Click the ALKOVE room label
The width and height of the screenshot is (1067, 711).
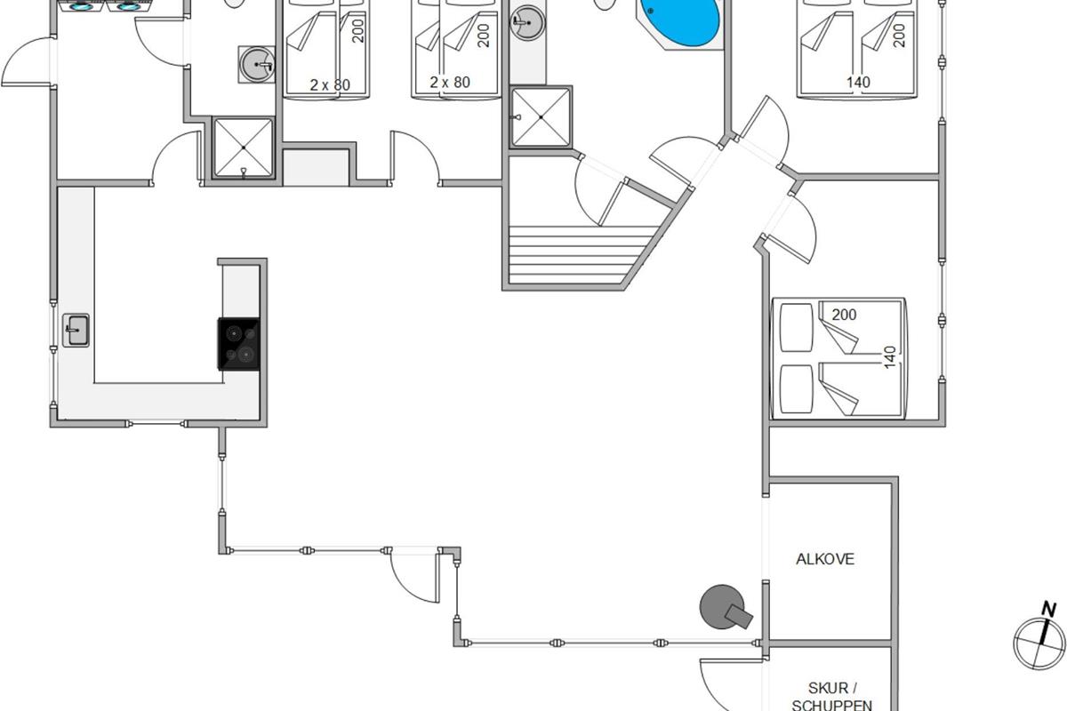pos(825,559)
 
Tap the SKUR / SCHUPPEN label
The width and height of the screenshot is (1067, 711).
pos(831,697)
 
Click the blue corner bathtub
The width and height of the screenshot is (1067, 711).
pos(680,22)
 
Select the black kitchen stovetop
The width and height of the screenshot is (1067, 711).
pos(239,344)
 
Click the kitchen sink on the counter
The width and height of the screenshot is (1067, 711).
pos(76,330)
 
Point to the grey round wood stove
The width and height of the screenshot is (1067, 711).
pos(724,607)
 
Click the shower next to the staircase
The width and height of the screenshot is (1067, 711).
pos(541,116)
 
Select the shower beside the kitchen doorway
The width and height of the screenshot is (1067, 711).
pos(244,148)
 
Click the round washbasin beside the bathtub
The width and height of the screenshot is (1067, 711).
pos(528,22)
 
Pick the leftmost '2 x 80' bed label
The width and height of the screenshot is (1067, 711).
pos(330,84)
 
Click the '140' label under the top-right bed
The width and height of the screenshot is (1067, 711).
pos(858,83)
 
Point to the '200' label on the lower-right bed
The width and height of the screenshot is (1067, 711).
pos(844,315)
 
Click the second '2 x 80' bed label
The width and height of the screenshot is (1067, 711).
pos(450,83)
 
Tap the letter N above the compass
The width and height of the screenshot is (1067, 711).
pos(1048,609)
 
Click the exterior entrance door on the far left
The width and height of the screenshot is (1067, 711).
pos(28,62)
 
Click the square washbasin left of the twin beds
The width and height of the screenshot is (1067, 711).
pos(257,64)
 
